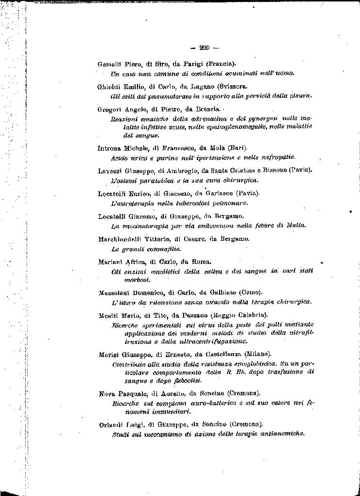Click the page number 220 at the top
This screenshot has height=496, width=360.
coord(204,47)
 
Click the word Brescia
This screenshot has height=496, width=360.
coord(209,109)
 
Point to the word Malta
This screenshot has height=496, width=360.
coord(296,225)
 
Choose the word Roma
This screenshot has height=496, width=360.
coord(200,262)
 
